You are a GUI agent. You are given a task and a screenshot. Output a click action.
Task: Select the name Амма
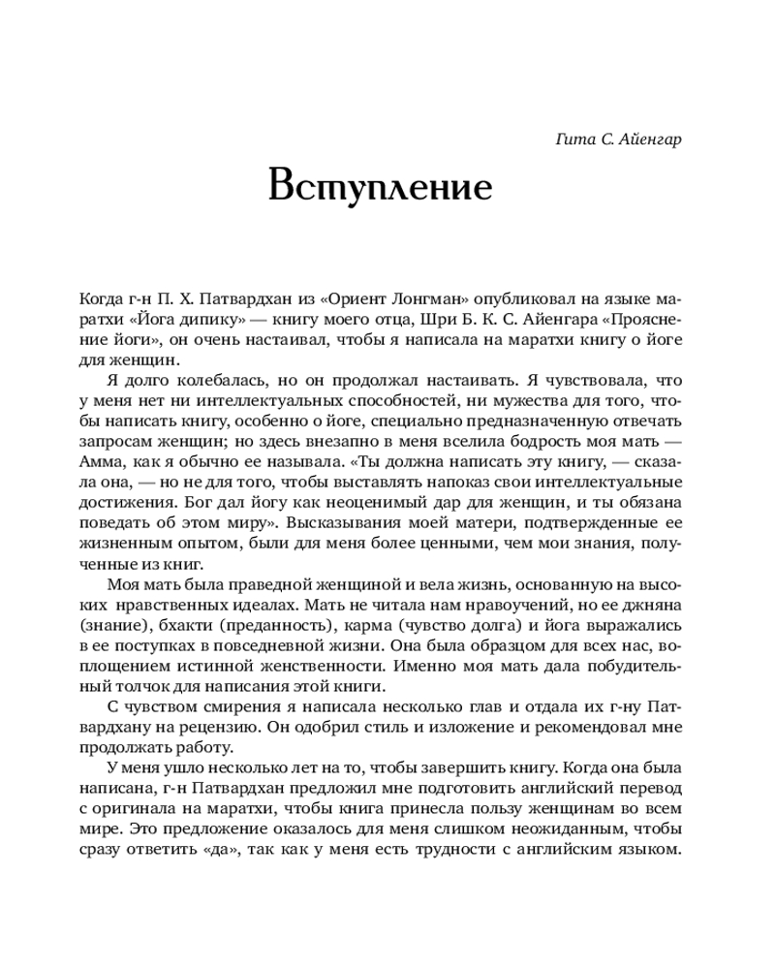pos(96,460)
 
